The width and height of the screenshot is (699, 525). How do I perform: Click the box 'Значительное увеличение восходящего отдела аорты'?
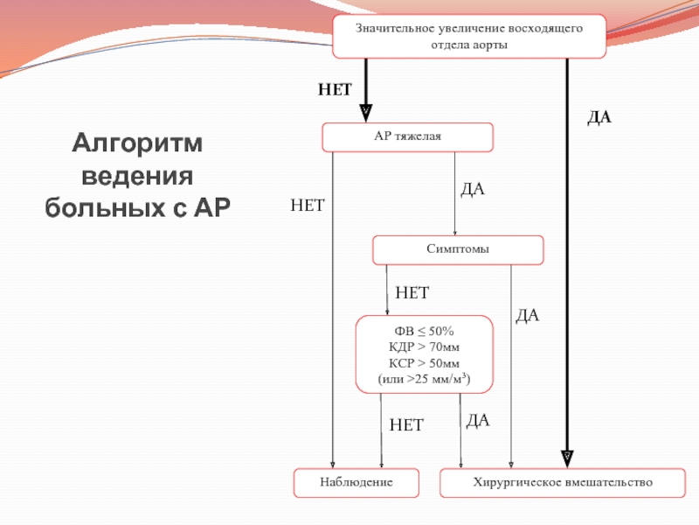click(x=469, y=36)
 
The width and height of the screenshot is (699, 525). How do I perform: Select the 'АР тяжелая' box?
click(x=408, y=137)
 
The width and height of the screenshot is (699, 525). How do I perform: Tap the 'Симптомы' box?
click(x=458, y=249)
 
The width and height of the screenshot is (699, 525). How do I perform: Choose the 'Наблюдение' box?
click(x=356, y=482)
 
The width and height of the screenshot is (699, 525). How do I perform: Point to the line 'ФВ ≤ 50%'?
click(x=425, y=332)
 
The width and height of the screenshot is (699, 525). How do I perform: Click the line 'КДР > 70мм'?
click(x=425, y=347)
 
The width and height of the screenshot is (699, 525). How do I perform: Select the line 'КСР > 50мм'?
click(x=425, y=363)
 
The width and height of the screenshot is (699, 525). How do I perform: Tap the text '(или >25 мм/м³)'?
click(x=425, y=379)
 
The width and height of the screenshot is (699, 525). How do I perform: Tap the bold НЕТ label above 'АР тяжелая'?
click(x=334, y=89)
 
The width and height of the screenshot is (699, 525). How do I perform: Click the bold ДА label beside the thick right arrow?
click(x=599, y=116)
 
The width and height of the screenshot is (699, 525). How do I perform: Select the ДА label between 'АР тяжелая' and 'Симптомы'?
click(x=472, y=189)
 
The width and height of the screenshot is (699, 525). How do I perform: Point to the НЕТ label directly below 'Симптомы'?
click(x=412, y=291)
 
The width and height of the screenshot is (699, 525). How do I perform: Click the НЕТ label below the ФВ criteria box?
click(x=406, y=425)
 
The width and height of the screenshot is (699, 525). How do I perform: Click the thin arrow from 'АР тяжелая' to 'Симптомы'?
click(x=454, y=192)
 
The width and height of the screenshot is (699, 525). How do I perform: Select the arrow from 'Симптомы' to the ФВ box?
click(x=387, y=289)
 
